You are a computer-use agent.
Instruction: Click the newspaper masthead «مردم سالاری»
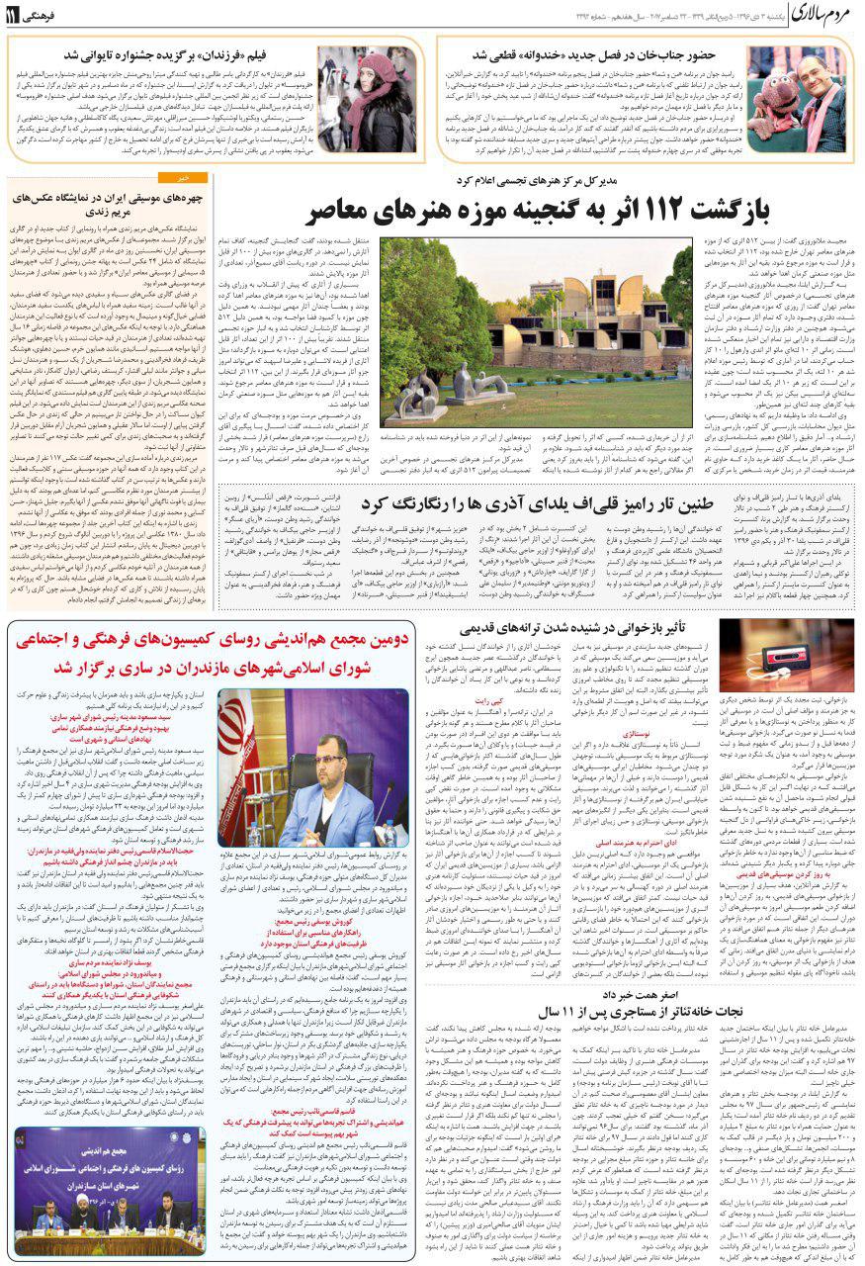click(x=807, y=16)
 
